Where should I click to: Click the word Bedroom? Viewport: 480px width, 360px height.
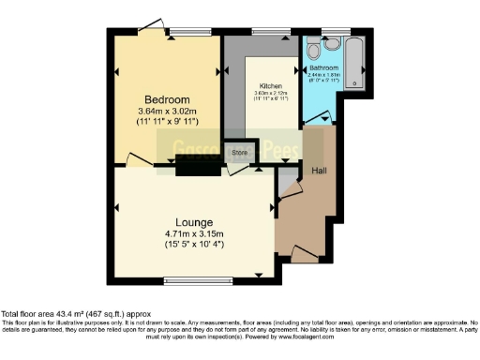point(168,99)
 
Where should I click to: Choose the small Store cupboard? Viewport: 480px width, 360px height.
point(240,151)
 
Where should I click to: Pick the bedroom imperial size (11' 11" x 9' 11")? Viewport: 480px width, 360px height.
point(168,124)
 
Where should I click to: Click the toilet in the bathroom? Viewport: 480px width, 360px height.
point(333,44)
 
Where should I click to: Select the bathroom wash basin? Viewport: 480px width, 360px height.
point(312,43)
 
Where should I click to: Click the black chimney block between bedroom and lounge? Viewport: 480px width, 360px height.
point(194,167)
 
